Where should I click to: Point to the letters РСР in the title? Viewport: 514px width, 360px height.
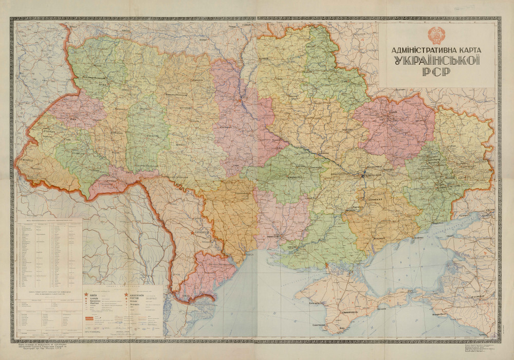[x=436, y=71]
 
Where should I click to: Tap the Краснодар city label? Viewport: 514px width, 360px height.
[x=476, y=297]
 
